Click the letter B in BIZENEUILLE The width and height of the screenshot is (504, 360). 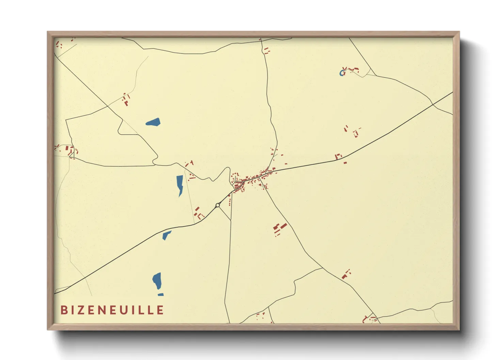click(x=64, y=310)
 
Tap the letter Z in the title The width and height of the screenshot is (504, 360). click(x=82, y=310)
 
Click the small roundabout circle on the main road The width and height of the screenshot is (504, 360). click(x=218, y=205)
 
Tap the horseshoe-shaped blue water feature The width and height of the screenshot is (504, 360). click(x=342, y=73)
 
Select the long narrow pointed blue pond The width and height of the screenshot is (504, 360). click(x=179, y=184)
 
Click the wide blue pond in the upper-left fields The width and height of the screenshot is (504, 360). click(x=153, y=122)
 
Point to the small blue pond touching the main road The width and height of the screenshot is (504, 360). click(x=167, y=235)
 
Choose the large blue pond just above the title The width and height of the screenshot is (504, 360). click(x=157, y=281)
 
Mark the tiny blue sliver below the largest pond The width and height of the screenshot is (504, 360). click(x=160, y=295)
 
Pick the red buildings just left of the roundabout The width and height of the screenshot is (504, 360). click(x=198, y=213)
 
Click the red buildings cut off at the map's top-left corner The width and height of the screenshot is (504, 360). click(x=59, y=45)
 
